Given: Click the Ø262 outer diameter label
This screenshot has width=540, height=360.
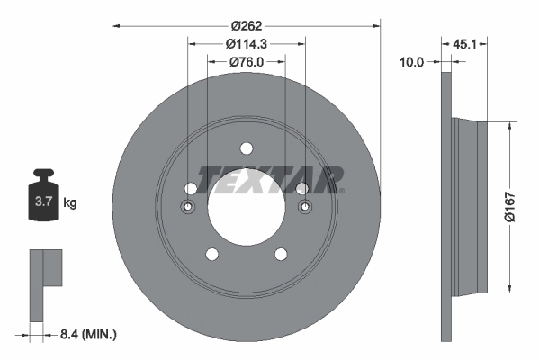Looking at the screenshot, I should pyautogui.click(x=246, y=24).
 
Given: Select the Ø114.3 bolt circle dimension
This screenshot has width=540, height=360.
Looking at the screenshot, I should pyautogui.click(x=246, y=43).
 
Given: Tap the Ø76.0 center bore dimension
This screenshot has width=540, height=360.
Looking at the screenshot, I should pyautogui.click(x=246, y=62).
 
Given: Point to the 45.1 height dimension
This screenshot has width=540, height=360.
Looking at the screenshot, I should pyautogui.click(x=466, y=42).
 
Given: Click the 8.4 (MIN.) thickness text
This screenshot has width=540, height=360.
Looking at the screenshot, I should pyautogui.click(x=86, y=334).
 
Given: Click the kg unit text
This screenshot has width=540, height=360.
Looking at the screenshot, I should pyautogui.click(x=70, y=203).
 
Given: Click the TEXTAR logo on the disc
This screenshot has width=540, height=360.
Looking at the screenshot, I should pyautogui.click(x=270, y=179).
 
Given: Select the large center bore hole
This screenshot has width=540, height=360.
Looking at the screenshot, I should pyautogui.click(x=246, y=206).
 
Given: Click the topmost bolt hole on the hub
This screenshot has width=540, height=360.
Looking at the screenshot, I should pyautogui.click(x=246, y=149).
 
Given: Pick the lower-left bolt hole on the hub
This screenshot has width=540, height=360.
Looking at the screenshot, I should pyautogui.click(x=211, y=254).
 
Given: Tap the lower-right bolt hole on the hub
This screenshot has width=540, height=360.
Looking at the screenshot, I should pyautogui.click(x=280, y=254).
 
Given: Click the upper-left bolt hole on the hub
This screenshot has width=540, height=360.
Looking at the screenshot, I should pyautogui.click(x=190, y=188).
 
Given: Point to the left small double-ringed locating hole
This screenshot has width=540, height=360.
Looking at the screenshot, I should pyautogui.click(x=188, y=207).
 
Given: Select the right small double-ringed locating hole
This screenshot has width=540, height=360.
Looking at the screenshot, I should pyautogui.click(x=303, y=207).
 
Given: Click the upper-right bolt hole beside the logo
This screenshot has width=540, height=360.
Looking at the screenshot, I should pyautogui.click(x=301, y=188).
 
